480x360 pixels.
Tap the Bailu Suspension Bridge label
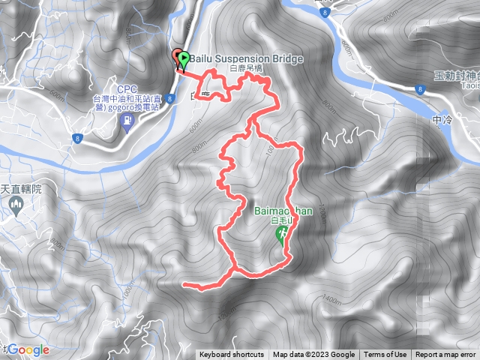[x=240, y=58]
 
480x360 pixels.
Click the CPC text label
[x=126, y=89]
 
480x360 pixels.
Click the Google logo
[x=28, y=349]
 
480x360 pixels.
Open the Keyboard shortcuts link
[x=232, y=355]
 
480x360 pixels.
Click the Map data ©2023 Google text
[x=313, y=355]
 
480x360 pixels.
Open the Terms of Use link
[x=385, y=355]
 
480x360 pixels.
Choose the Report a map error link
[x=445, y=355]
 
